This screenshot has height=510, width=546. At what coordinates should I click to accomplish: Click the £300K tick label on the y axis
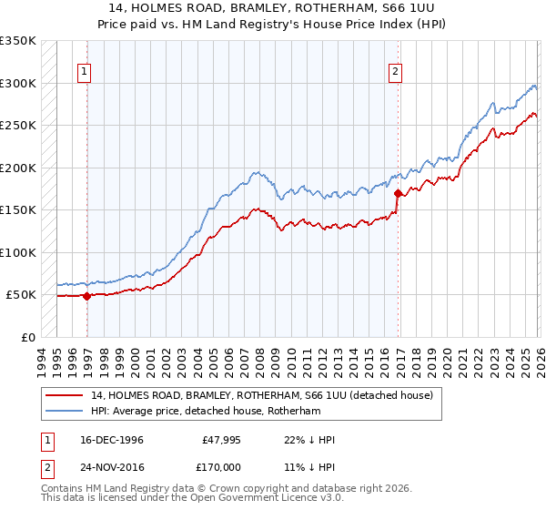click(x=18, y=83)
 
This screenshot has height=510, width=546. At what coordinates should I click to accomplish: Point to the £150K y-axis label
click(x=18, y=209)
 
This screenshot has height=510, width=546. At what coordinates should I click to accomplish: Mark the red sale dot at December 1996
click(x=87, y=296)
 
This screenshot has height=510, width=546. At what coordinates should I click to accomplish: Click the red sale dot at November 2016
click(x=398, y=193)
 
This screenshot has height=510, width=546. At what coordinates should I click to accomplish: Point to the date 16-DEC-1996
click(x=107, y=440)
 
